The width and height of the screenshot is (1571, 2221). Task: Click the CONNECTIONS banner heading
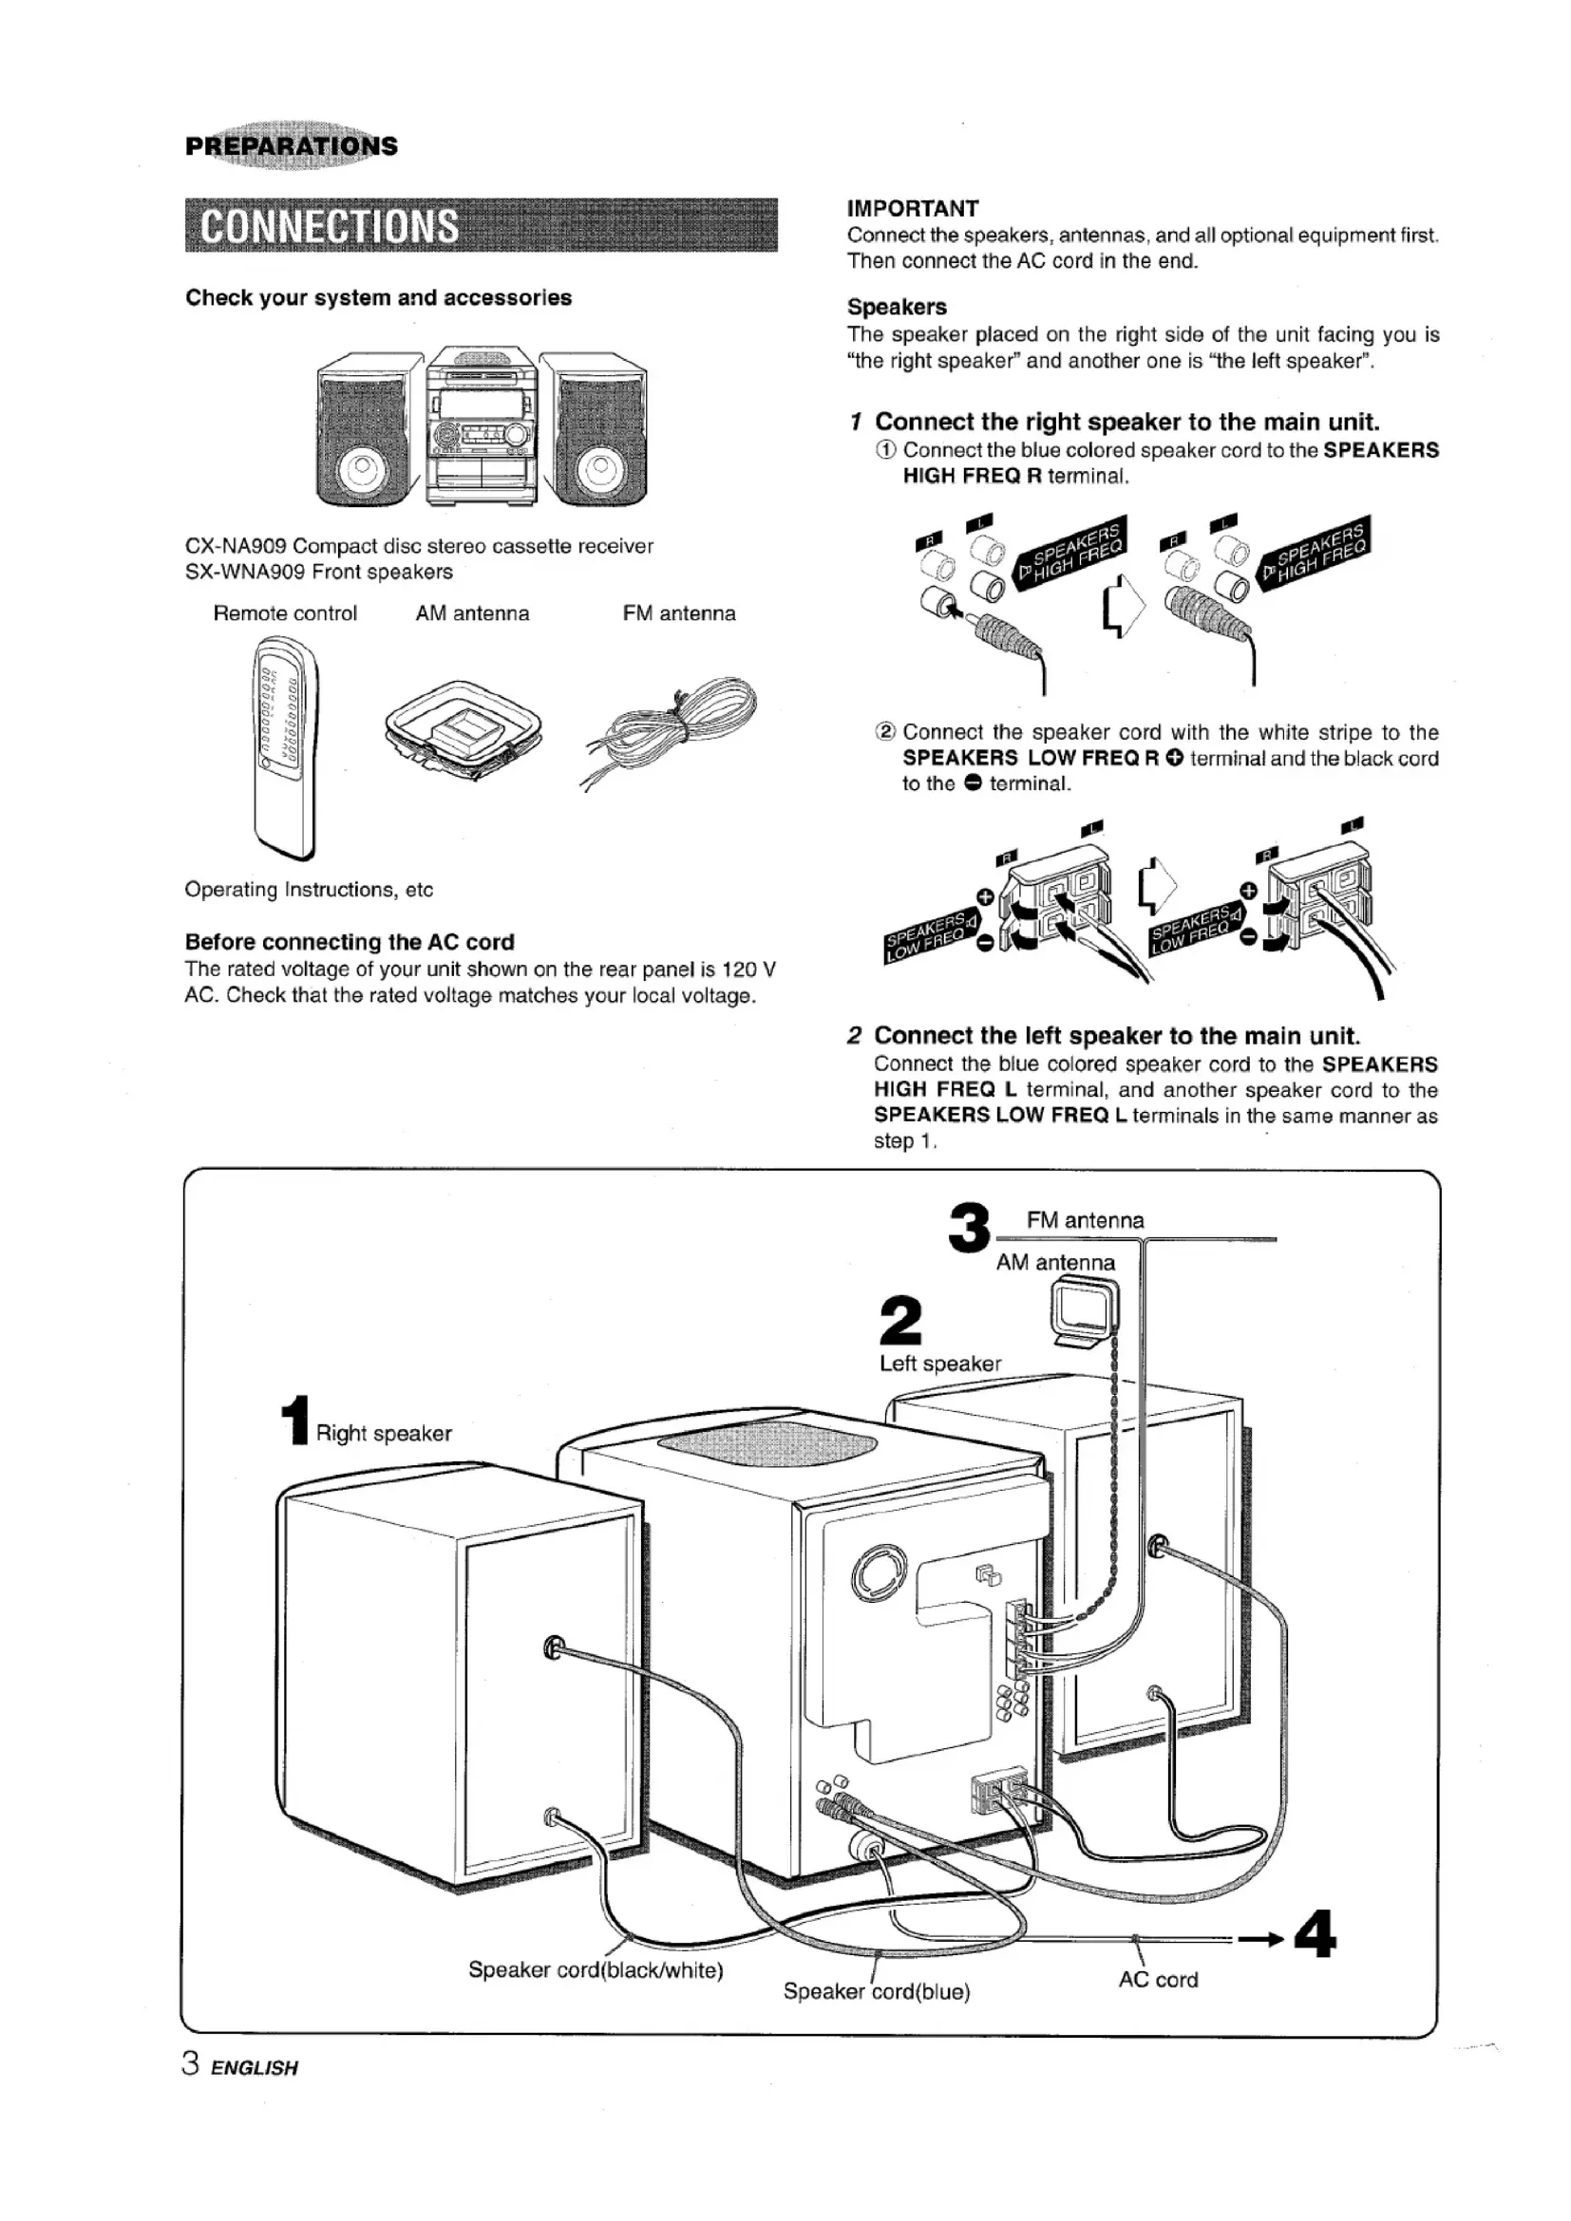point(329,225)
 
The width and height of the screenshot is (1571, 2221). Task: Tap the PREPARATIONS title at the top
point(292,146)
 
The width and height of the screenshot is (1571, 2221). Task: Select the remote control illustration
point(284,746)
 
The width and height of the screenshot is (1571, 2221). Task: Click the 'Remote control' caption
point(284,613)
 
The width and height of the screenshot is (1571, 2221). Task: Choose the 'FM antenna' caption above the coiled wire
point(679,613)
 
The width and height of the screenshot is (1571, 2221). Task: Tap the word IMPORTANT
point(912,208)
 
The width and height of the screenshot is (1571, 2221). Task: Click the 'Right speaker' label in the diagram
point(384,1434)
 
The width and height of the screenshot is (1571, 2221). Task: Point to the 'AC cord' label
point(1158,1980)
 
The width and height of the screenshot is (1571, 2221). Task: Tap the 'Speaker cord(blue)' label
point(877,1992)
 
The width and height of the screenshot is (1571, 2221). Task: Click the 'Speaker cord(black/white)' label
point(596,1970)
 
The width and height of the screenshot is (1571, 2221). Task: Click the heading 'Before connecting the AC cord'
point(350,942)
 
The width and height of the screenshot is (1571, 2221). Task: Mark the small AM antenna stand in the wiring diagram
point(1085,1311)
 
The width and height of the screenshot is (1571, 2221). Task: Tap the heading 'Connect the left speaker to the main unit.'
point(1117,1036)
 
